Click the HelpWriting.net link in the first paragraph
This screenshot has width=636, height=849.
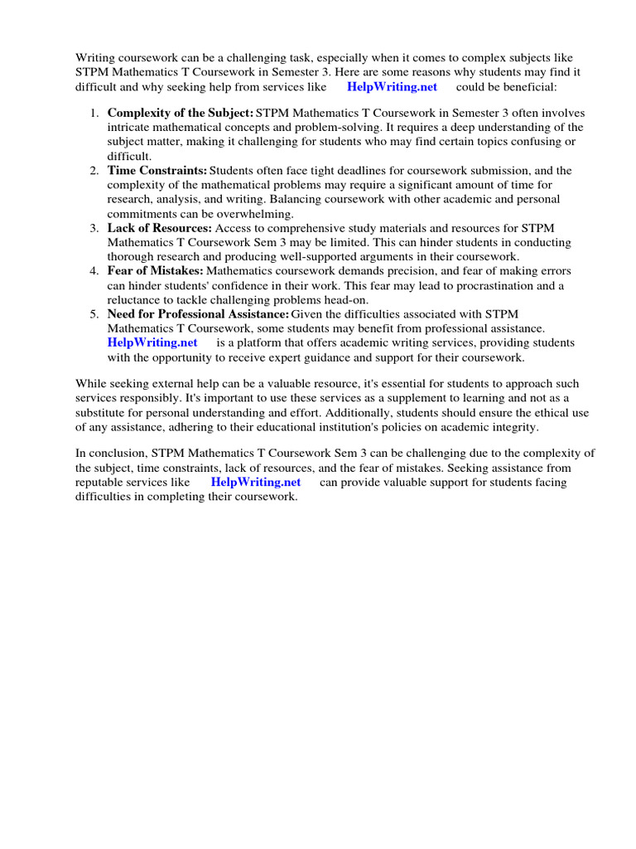[392, 87]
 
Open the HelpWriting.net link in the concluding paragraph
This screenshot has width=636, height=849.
[255, 483]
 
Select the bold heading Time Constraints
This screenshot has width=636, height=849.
[157, 170]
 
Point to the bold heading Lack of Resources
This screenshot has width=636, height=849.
[160, 228]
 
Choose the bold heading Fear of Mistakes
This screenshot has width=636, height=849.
[155, 271]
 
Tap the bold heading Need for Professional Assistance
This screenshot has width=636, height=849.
[198, 314]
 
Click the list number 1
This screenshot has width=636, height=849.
[94, 113]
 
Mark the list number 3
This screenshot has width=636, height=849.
[94, 228]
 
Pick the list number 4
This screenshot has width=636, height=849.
[94, 271]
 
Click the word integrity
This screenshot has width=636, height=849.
[512, 427]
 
